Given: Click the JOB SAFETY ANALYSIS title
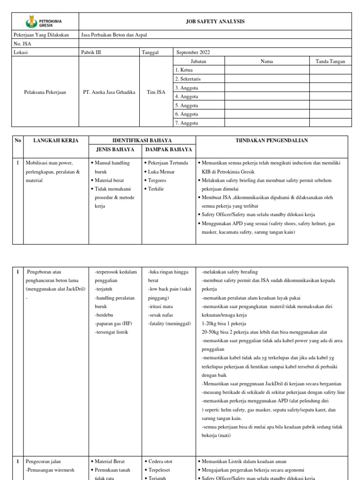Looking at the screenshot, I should (x=215, y=22).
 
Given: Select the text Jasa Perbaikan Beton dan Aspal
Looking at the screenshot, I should (x=110, y=35).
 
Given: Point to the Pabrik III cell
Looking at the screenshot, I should (x=91, y=52).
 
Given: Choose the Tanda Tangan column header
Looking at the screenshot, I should (x=330, y=61).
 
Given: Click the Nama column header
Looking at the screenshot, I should (x=267, y=61).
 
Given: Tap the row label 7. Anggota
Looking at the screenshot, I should (x=187, y=123).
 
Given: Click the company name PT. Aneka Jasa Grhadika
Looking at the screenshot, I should (x=108, y=92).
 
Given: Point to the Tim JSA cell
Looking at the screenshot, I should (x=156, y=92).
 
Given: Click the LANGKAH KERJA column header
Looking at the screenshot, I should (x=56, y=141).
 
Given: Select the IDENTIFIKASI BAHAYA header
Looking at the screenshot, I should (x=142, y=141).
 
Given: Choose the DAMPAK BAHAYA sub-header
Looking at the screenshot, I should (x=168, y=150).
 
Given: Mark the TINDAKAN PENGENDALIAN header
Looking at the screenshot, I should (x=271, y=141).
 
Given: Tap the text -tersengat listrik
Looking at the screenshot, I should (x=112, y=332).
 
